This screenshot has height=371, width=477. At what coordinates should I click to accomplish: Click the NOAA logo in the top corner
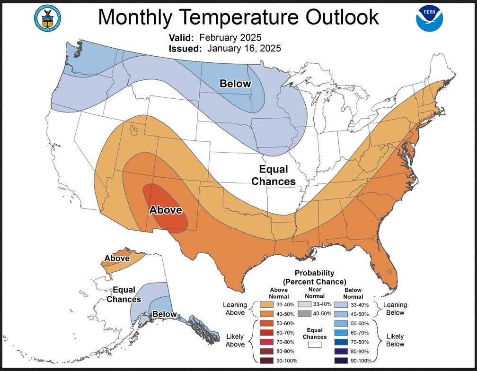(429, 18)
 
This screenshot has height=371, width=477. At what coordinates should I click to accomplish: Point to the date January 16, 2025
(244, 48)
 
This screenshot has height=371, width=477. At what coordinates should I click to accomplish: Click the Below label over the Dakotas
(235, 84)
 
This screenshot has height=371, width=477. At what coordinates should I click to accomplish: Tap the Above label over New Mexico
(166, 209)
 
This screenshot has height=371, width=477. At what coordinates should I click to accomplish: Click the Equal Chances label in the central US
(274, 175)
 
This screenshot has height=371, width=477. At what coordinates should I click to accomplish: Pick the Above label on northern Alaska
(117, 258)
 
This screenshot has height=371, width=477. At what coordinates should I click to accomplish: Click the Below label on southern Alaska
(164, 314)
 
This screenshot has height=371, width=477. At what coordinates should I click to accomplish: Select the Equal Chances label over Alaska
(124, 294)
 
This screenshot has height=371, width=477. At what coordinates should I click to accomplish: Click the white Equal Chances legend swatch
(315, 345)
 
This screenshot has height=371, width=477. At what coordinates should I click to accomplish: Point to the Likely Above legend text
(235, 340)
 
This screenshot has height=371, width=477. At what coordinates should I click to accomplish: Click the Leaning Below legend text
(395, 309)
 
